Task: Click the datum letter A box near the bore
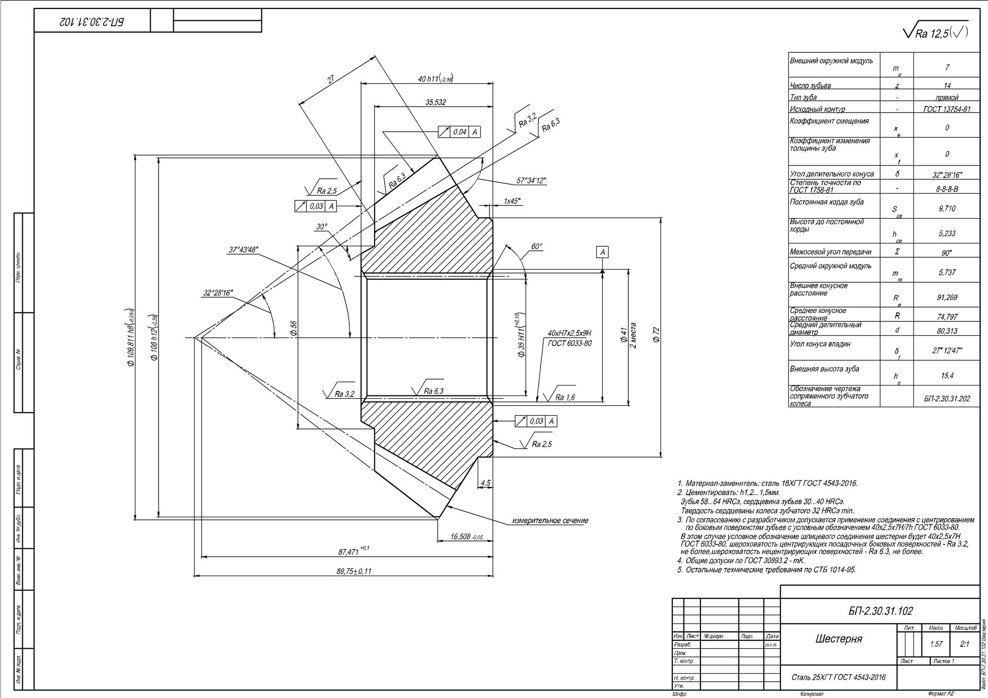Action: (602, 252)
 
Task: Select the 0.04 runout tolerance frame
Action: (459, 132)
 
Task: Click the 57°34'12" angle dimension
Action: (531, 181)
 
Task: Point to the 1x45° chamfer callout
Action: (512, 201)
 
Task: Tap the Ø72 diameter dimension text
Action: (656, 335)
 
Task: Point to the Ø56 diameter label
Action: (293, 329)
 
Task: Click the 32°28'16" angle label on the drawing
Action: (218, 293)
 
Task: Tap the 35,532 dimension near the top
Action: (436, 102)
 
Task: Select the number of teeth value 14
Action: (947, 85)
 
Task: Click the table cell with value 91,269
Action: (947, 297)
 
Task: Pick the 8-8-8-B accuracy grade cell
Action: (947, 188)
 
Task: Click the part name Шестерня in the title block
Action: (838, 639)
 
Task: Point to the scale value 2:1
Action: (964, 644)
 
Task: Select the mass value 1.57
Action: (936, 644)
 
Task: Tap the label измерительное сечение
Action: (550, 521)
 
